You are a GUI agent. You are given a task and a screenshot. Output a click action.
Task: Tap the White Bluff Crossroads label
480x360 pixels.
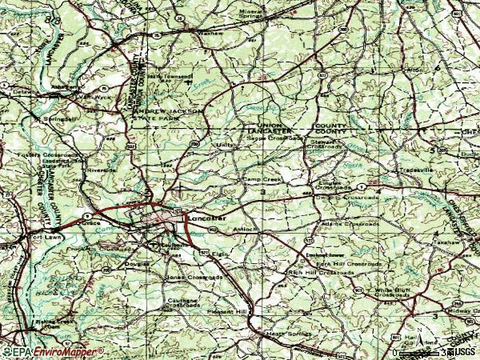tap(394, 294)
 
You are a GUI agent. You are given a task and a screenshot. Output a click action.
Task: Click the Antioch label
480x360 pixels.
tap(244, 230)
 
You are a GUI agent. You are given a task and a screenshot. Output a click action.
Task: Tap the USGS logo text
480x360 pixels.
tap(462, 350)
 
